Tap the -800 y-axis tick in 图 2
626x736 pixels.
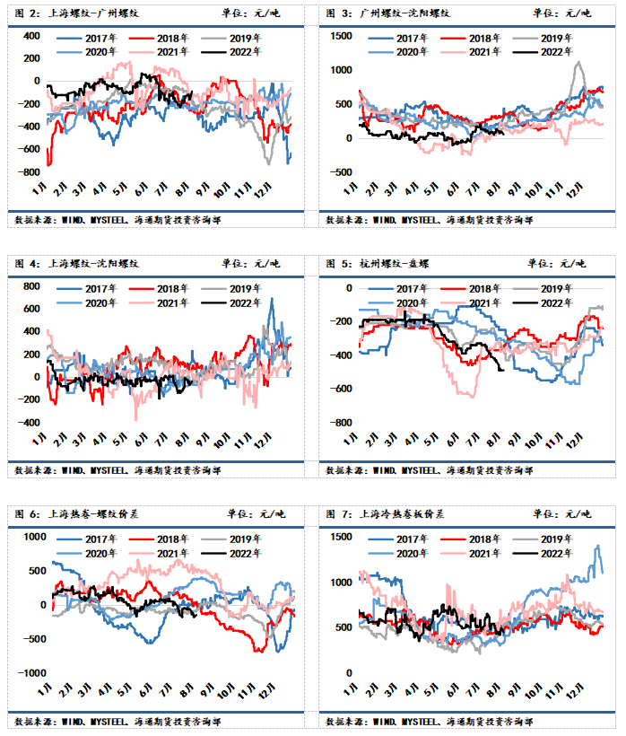[30, 172]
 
